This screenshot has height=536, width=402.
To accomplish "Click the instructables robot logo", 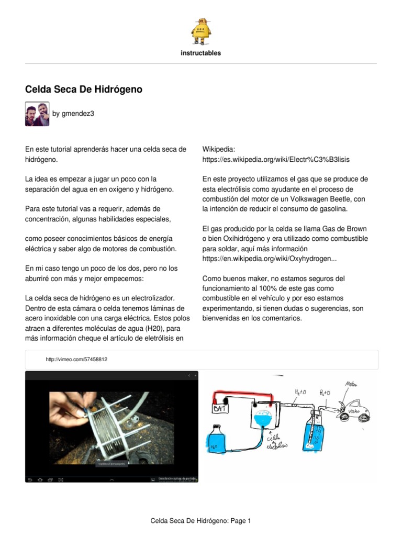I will click(201, 31).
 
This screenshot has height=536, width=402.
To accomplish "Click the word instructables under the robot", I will click(201, 53).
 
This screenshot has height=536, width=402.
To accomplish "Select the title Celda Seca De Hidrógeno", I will click(84, 90).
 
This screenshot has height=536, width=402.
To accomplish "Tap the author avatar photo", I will click(37, 114).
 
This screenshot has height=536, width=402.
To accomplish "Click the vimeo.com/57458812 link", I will click(76, 360).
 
